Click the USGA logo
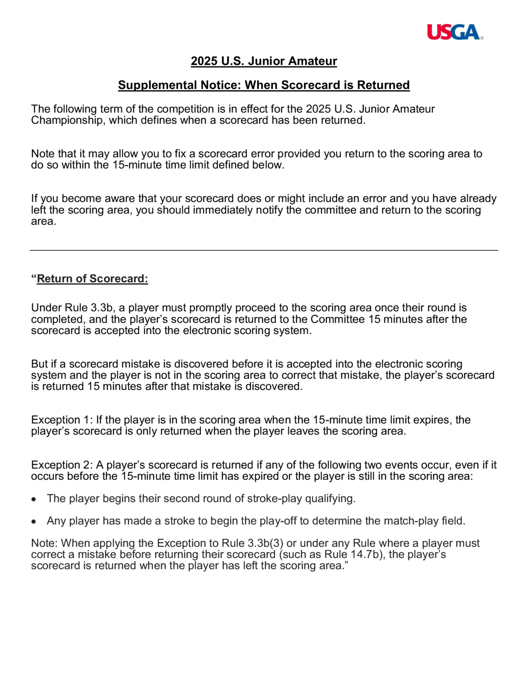(x=455, y=32)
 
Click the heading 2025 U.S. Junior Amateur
(x=264, y=61)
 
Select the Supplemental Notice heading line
(x=264, y=85)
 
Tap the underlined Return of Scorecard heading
(x=92, y=279)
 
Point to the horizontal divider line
(x=264, y=250)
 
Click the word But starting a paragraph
(x=39, y=364)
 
